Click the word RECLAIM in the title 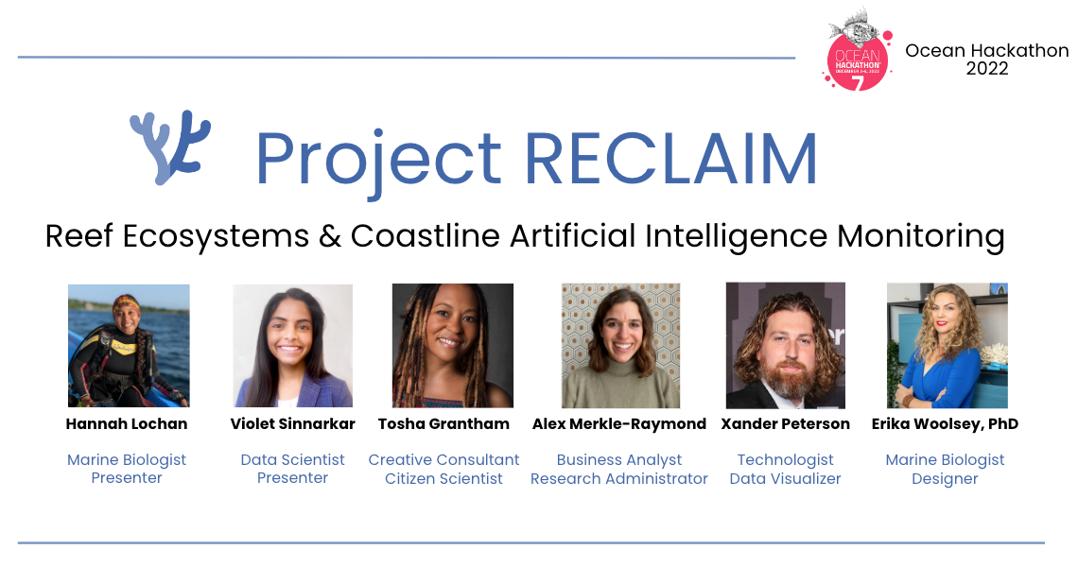click(670, 158)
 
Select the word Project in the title click(377, 160)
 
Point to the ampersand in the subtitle click(329, 235)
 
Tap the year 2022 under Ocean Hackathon click(986, 69)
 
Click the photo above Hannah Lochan click(129, 346)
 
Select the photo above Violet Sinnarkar click(292, 346)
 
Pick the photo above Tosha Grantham click(453, 346)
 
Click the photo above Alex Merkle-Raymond click(620, 346)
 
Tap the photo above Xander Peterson click(785, 346)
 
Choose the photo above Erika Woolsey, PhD click(947, 346)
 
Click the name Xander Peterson click(785, 423)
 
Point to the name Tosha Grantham click(443, 423)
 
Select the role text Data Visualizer click(785, 478)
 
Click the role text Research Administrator click(619, 478)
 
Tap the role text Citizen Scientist click(443, 478)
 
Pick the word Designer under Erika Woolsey click(945, 478)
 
